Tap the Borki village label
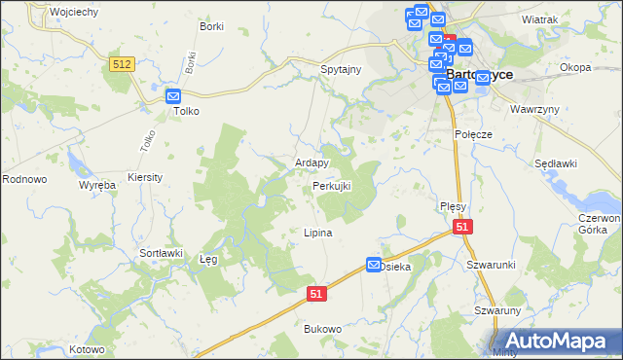tap(211, 26)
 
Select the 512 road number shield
tap(122, 63)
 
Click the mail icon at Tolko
tap(173, 96)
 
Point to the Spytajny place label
tap(342, 70)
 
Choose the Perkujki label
tap(331, 185)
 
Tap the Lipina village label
tap(318, 234)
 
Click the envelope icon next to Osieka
tap(375, 265)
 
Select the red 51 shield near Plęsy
tap(462, 227)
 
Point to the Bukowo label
tap(323, 329)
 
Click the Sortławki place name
tap(162, 253)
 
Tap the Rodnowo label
tap(24, 179)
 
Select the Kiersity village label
tap(145, 178)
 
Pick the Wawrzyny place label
tap(535, 109)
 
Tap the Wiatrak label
tap(539, 19)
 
